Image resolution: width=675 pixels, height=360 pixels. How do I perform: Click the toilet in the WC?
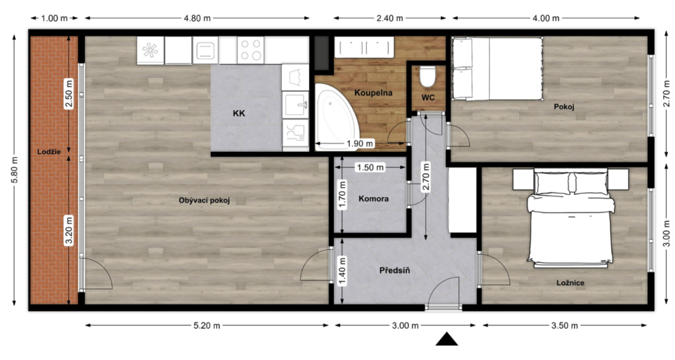(427, 76)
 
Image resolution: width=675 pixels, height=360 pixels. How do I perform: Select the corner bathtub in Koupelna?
(336, 116)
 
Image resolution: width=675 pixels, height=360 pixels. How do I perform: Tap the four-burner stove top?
(251, 50)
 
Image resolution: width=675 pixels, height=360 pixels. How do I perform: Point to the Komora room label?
(373, 198)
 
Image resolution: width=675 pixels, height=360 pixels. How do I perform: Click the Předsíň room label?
(395, 270)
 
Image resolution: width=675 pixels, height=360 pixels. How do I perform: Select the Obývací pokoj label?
(204, 201)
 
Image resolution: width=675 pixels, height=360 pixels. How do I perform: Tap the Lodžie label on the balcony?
(49, 152)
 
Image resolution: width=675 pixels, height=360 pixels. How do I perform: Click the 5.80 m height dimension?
(15, 170)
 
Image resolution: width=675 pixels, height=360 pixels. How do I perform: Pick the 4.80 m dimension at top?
(198, 18)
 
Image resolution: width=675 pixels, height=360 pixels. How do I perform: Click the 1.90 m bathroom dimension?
(360, 143)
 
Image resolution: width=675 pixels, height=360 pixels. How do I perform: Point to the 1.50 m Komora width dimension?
(370, 167)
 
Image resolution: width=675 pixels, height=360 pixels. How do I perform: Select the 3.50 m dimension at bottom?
(564, 326)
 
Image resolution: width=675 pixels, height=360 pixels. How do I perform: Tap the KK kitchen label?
(239, 114)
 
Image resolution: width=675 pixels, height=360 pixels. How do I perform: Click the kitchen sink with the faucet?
(295, 104)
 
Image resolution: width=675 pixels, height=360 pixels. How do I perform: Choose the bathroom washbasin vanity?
(364, 47)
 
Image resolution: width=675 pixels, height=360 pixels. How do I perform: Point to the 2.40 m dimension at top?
(390, 18)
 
